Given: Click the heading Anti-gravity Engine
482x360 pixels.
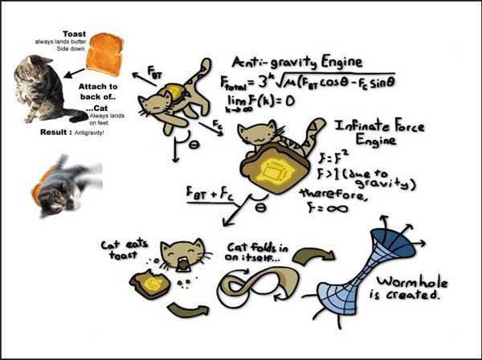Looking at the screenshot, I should (293, 63).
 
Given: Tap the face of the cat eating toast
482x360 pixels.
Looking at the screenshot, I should (178, 256).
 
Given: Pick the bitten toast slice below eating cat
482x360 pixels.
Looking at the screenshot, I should (151, 283).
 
